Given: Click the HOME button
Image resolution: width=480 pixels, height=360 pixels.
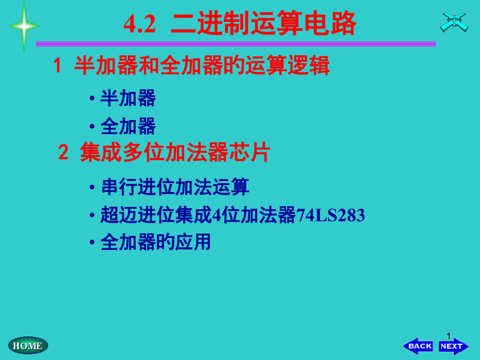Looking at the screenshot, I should (28, 345).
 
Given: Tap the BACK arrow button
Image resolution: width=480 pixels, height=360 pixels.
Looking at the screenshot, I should (418, 346).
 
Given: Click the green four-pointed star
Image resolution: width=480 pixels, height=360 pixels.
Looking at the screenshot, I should (23, 26).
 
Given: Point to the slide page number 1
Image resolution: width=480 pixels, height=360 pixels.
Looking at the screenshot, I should (448, 335).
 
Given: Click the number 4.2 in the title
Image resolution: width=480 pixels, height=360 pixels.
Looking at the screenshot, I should (140, 24).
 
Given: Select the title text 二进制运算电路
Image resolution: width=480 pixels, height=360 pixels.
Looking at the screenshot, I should (263, 24).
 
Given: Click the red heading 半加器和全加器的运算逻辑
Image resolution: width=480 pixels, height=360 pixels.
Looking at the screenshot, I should (202, 66).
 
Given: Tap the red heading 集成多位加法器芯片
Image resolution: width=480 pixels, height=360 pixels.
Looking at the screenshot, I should (175, 153).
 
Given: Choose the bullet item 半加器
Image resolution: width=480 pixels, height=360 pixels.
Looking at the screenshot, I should (128, 98).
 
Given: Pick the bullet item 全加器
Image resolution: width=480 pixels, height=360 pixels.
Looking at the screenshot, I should (128, 126).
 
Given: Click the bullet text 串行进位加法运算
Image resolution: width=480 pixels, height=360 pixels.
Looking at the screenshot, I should (175, 187).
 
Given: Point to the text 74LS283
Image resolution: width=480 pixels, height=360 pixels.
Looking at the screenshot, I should (331, 215).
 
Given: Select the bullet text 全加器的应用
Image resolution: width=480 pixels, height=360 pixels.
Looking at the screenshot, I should (155, 242).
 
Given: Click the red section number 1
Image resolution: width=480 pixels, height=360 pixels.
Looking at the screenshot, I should (57, 66).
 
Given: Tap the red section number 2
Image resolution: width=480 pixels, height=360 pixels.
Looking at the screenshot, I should (63, 153).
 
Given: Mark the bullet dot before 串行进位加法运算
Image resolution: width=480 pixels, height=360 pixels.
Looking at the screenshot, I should (92, 188).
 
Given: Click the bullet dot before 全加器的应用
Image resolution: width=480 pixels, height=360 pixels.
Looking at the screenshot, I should (92, 243).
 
